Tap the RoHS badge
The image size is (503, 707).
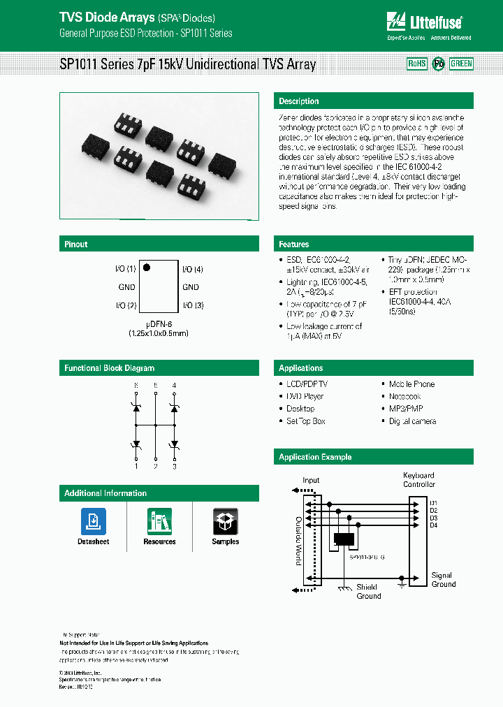pos(417,64)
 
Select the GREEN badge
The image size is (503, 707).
pos(461,64)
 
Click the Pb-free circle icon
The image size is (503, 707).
pos(439,64)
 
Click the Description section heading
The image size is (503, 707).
pos(299,101)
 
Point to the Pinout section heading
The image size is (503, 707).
pos(76,245)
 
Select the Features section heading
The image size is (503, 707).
pos(294,245)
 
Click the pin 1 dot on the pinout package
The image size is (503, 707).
pos(147,268)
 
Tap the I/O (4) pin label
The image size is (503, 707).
pos(193,269)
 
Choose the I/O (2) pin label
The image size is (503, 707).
pos(125,305)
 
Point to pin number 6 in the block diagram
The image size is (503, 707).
pos(136,386)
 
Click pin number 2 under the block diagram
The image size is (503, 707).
pos(155,466)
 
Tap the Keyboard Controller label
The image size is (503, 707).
pos(418,480)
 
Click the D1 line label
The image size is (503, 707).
pos(433,503)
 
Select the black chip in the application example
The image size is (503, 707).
pos(344,539)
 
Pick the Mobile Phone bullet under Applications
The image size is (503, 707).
pos(411,384)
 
